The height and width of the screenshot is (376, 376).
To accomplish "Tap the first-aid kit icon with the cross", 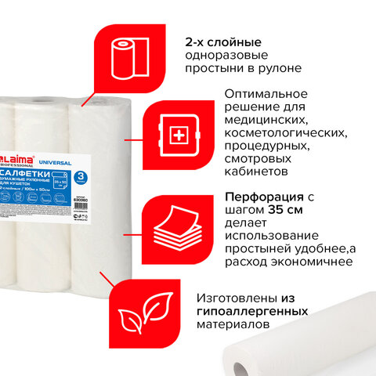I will [x=179, y=136].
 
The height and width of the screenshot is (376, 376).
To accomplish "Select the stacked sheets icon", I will [x=174, y=231].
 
